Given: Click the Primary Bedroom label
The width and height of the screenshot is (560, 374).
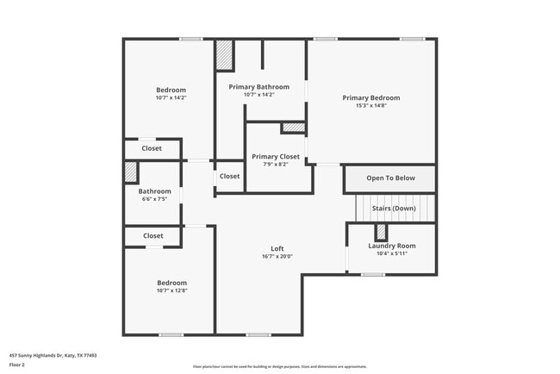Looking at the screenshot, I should pos(370,98).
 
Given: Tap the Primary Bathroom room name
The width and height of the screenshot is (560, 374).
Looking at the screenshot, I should pos(258,87).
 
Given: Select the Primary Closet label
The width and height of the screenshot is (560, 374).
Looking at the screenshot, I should pos(276,157).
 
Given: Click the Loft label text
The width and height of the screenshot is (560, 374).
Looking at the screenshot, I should pos(277,249).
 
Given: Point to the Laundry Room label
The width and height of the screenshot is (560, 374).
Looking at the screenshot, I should pos(392,246).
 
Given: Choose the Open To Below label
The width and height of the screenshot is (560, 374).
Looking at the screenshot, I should pos(390,178).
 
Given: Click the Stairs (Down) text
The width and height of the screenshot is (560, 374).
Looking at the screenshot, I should pos(393,209).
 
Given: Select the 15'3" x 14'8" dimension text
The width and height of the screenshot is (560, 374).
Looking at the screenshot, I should pos(370,106).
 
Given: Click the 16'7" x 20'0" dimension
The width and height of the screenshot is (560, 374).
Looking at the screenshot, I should pos(277,257).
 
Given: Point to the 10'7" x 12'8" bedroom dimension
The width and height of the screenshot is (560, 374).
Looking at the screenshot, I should pos(171,290).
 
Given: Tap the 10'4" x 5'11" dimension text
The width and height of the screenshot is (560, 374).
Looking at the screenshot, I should pos(392,253).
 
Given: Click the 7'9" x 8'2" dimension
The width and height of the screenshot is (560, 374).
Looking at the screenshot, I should pos(276,165).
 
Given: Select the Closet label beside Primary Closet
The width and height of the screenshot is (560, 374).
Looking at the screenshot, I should pos(229,176).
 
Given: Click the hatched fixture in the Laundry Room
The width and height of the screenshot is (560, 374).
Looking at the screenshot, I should pos(380,233).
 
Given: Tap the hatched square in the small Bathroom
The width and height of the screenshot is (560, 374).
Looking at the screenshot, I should pos(131,171).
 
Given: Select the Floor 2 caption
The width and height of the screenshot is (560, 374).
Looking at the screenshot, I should pos(17,365).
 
